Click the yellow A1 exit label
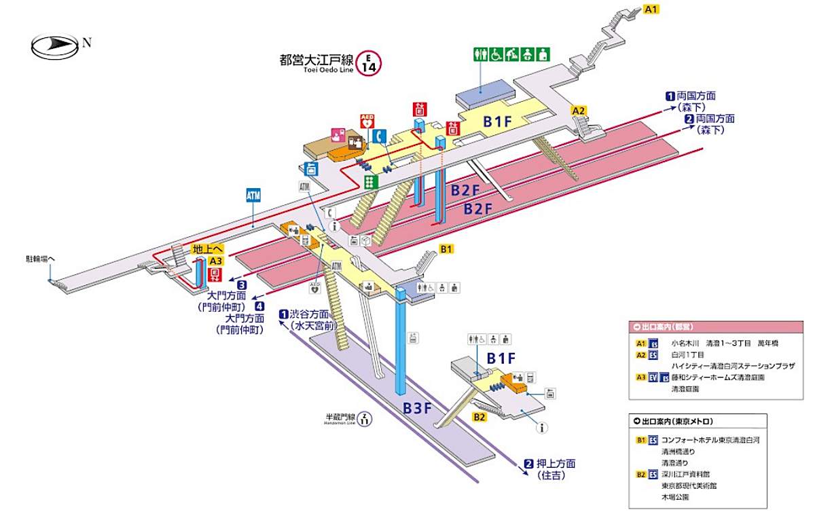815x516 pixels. [651, 9]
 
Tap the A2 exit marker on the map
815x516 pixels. [579, 110]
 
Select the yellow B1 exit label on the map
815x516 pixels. [446, 249]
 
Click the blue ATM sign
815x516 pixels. [253, 196]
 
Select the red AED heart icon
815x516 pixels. [367, 122]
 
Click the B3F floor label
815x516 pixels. [417, 408]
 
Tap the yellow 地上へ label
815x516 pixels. [207, 249]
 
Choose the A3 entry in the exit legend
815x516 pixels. [640, 377]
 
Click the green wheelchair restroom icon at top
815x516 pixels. [497, 54]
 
